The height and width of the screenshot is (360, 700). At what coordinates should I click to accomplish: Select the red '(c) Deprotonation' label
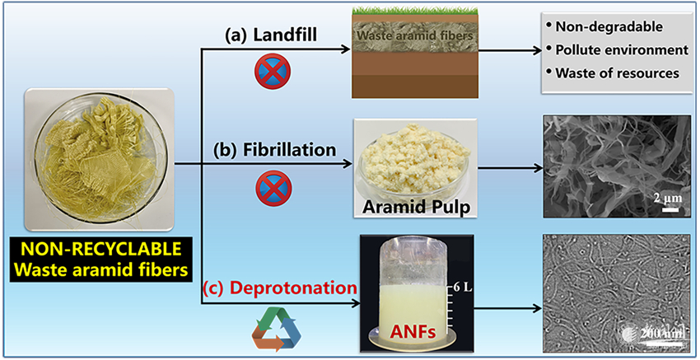coord(278,289)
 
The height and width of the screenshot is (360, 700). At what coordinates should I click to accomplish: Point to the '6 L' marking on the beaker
coord(457,288)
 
